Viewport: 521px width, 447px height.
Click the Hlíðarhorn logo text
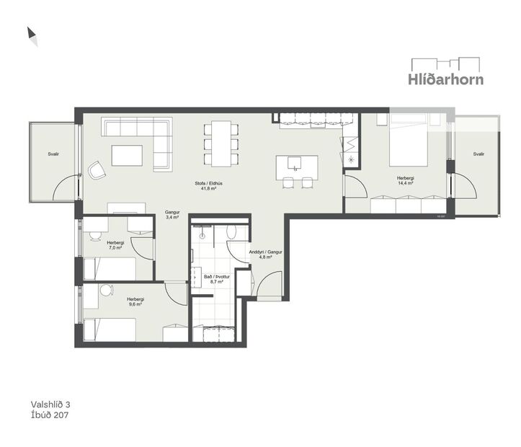(447, 79)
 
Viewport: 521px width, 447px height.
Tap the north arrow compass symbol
(32, 36)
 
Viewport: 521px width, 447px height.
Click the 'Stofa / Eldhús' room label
(208, 183)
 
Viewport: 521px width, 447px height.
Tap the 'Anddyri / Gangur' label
(264, 252)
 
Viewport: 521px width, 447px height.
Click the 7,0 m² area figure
(115, 248)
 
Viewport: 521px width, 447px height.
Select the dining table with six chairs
(219, 142)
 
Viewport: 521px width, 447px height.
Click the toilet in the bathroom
(231, 231)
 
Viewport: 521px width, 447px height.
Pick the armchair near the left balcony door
(97, 169)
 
